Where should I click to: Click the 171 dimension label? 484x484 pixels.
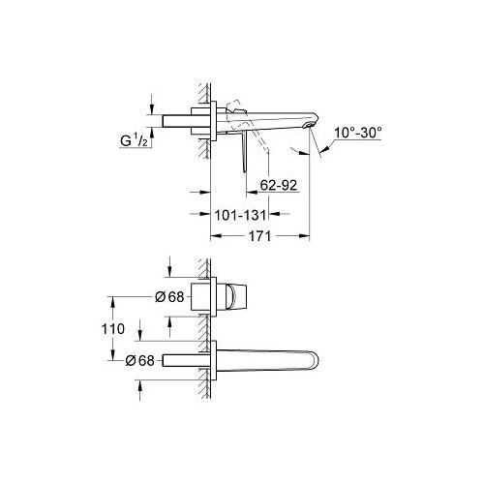pyautogui.click(x=259, y=236)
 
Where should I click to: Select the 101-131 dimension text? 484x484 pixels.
pyautogui.click(x=240, y=215)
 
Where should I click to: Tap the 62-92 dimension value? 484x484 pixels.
pyautogui.click(x=279, y=185)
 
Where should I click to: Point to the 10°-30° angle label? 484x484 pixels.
pyautogui.click(x=358, y=133)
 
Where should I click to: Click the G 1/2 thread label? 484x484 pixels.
pyautogui.click(x=134, y=140)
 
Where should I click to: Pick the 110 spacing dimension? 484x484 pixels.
pyautogui.click(x=113, y=329)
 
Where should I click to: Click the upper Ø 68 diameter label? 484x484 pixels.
pyautogui.click(x=169, y=297)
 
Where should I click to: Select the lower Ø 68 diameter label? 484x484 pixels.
pyautogui.click(x=140, y=360)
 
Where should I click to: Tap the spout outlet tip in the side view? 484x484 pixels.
pyautogui.click(x=312, y=125)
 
